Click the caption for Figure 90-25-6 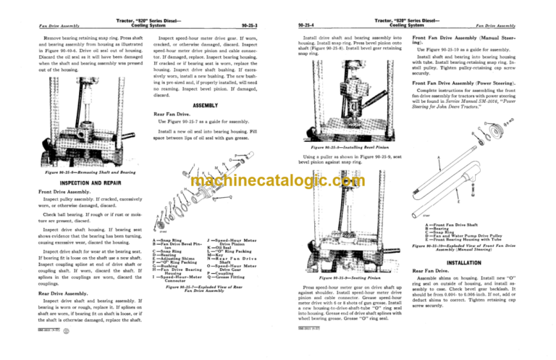click(x=75, y=173)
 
